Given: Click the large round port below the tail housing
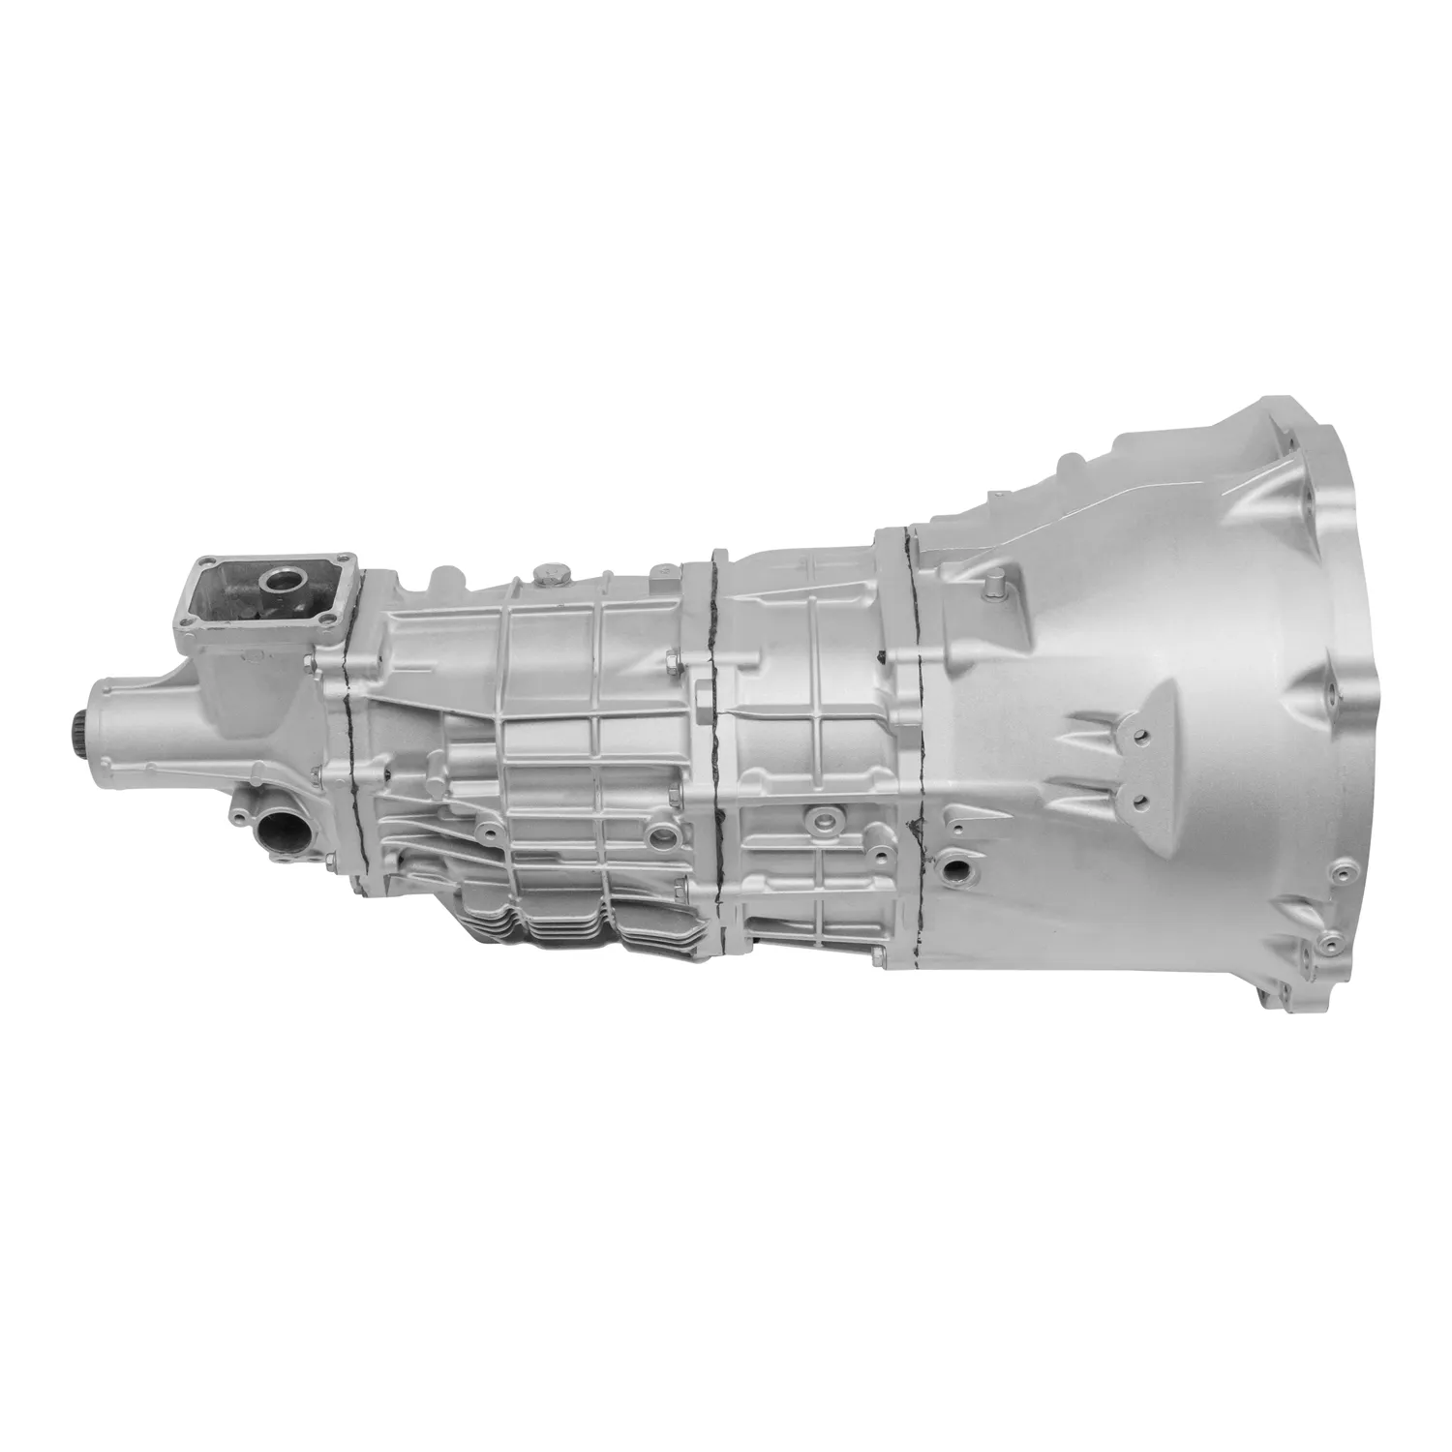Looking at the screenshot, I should [280, 830].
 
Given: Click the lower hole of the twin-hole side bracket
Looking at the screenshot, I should [1135, 800].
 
